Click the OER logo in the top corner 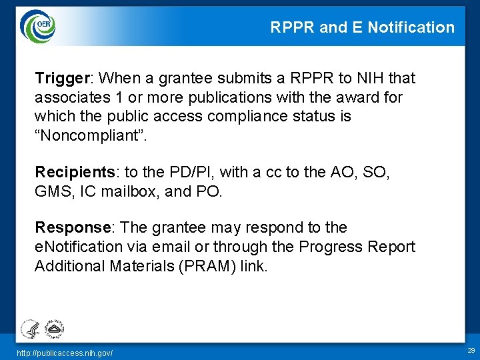[x=37, y=26]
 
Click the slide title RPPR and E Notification [x=362, y=27]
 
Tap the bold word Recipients [x=74, y=172]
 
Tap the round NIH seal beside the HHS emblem [x=53, y=327]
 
